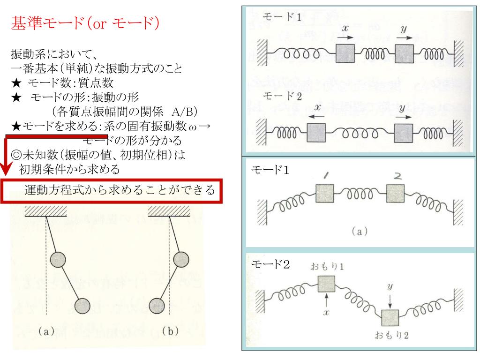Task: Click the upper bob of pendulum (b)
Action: click(181, 259)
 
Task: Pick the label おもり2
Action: click(391, 336)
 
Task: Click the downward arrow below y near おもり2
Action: click(390, 299)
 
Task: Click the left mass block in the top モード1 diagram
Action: click(347, 55)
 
